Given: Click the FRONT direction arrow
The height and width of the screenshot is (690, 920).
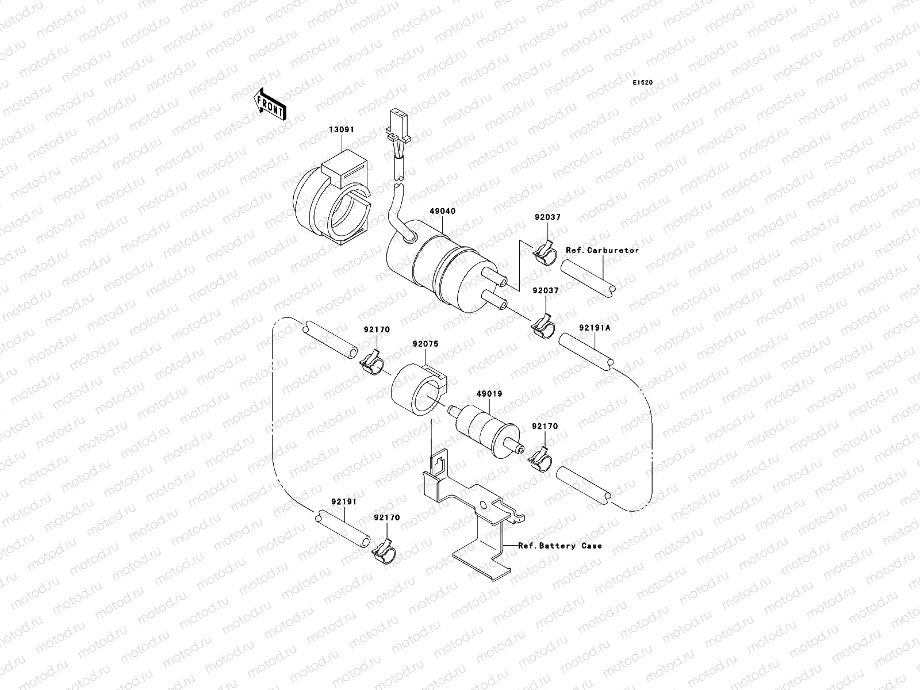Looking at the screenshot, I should (270, 103).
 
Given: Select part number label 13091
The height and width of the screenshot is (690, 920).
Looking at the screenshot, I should (342, 130).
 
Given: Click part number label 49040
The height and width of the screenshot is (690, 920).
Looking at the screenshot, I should (442, 211).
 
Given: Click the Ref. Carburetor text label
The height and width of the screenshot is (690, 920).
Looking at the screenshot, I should (602, 250).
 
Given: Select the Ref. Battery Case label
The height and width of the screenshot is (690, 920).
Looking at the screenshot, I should (560, 545).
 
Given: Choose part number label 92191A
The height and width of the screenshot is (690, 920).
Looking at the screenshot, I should (595, 328).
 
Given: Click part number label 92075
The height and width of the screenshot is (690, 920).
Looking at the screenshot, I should (425, 344).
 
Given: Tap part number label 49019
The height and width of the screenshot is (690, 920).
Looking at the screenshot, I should (489, 394).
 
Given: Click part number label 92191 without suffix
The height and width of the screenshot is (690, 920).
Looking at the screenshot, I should (343, 501).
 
